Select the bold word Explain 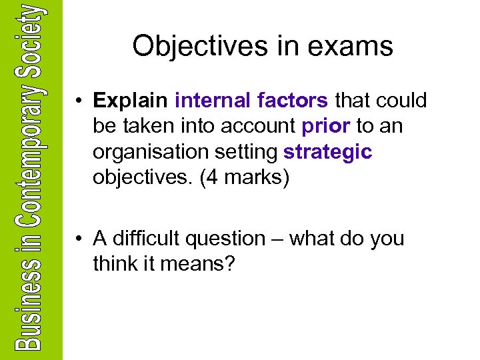(131, 101)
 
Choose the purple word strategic (328, 153)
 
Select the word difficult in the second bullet (145, 239)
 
